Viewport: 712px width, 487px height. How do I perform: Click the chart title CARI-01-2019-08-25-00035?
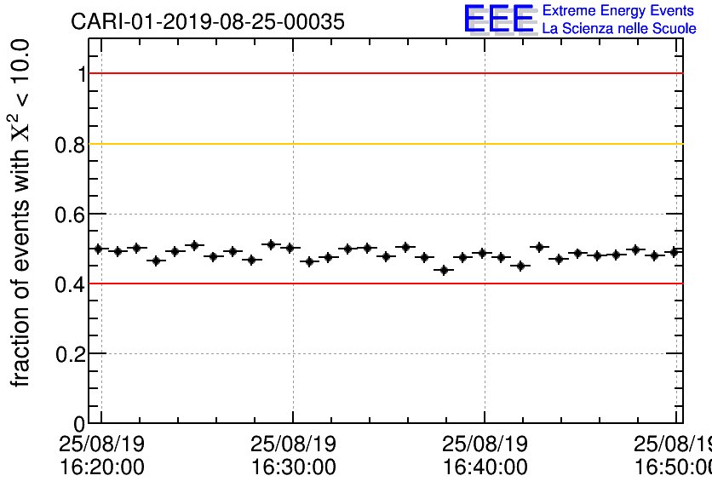(208, 22)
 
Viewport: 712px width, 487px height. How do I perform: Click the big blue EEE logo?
(499, 19)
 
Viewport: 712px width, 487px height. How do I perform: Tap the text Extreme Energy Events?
(617, 11)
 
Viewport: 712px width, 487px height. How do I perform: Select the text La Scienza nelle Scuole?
(619, 29)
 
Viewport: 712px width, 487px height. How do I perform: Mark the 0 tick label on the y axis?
(80, 424)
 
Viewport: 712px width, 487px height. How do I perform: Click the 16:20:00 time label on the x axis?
(101, 467)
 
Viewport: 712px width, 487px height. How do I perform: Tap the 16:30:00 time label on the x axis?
(293, 467)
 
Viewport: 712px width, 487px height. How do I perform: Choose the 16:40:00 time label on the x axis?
(485, 467)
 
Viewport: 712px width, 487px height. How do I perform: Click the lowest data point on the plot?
(443, 270)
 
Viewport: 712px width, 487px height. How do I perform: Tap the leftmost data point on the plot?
(98, 249)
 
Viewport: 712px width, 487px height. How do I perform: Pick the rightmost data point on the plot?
(675, 251)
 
